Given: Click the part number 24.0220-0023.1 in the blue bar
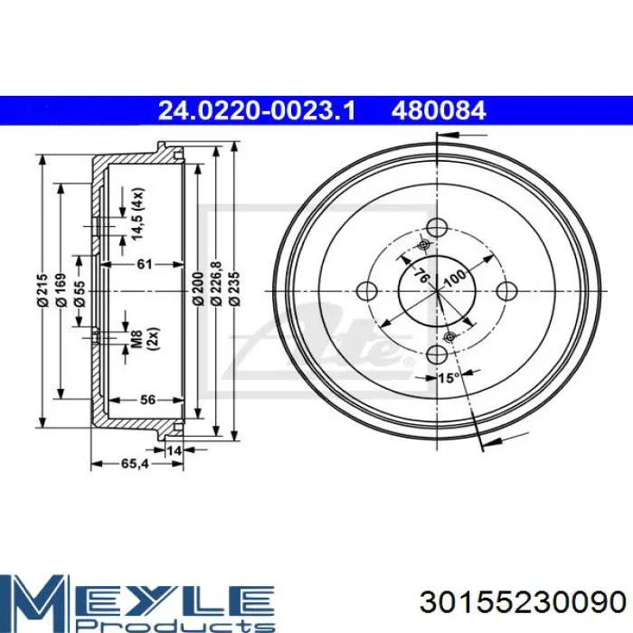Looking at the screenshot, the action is (257, 110).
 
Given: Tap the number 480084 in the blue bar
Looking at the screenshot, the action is (439, 110).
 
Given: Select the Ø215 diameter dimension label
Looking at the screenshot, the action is (42, 290).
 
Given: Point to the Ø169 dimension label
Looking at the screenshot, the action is (61, 290).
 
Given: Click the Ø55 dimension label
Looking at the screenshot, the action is (80, 294).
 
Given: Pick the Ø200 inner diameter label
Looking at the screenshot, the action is (198, 288).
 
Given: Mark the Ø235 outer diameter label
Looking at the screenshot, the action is (235, 288).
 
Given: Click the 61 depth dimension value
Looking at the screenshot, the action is (145, 264).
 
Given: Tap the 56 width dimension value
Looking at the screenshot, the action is (147, 400).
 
